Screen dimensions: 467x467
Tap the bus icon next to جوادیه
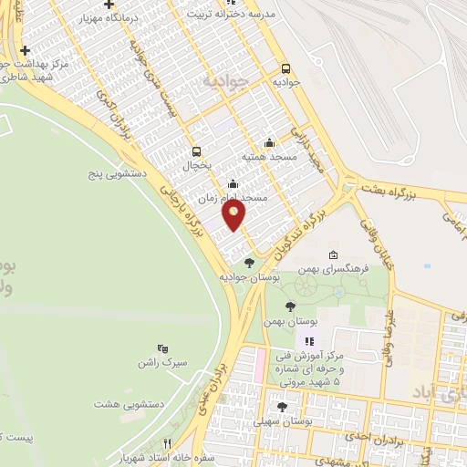click(x=285, y=68)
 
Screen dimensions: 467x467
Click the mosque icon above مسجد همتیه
click(x=269, y=143)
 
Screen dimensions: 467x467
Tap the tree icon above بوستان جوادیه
click(x=249, y=264)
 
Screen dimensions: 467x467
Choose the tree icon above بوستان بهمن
click(x=290, y=307)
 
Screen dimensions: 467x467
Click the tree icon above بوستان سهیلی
click(x=281, y=408)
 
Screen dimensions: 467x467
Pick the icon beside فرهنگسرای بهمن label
click(x=334, y=254)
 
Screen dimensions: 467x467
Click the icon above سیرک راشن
click(x=162, y=348)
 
